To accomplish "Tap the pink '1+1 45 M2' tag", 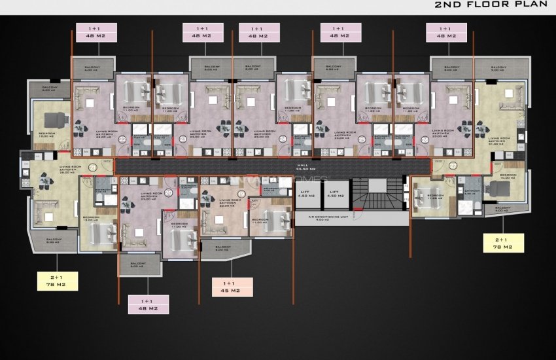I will (x=233, y=286).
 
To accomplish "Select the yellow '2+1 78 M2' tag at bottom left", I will (x=58, y=280).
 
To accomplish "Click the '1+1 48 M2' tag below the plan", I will (x=148, y=304).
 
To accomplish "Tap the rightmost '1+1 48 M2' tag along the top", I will (x=446, y=32).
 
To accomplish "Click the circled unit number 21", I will (x=92, y=168).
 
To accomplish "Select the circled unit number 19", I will (x=241, y=194).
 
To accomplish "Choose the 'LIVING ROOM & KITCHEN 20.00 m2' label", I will (x=230, y=204).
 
